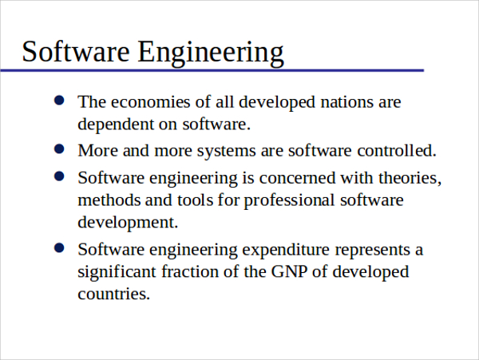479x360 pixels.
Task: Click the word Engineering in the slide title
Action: (211, 53)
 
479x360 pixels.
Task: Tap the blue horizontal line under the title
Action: (212, 70)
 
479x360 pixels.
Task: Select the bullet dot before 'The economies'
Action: (59, 100)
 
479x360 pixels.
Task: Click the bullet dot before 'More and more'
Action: (59, 149)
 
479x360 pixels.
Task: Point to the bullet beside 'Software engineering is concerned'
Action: (59, 176)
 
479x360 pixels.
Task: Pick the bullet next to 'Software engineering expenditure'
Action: (59, 248)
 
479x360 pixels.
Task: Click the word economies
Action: (151, 102)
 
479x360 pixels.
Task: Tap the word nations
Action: (346, 102)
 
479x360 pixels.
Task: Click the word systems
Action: (227, 152)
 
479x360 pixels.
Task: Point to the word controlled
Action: (397, 151)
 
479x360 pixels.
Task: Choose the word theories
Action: (410, 178)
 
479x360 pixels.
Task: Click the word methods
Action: (109, 200)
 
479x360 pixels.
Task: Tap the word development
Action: (128, 223)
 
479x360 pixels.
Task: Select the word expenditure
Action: (286, 251)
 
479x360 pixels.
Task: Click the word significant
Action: (117, 272)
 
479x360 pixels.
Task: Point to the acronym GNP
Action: (289, 271)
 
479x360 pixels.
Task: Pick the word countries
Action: (113, 294)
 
